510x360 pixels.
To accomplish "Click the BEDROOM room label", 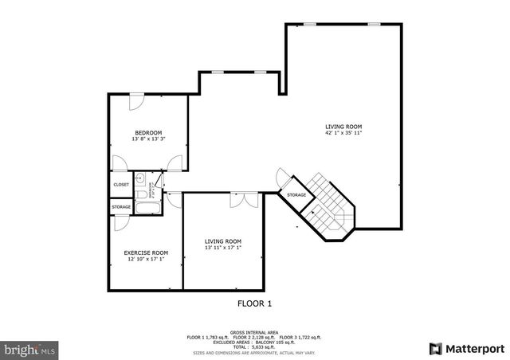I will tap(148, 132).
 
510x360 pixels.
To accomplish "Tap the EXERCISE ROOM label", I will tap(146, 252).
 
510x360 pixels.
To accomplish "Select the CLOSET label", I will tap(121, 185).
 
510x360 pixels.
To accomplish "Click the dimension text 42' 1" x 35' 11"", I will tap(343, 133).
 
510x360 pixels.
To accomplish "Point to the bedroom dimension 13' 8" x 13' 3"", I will tap(148, 139).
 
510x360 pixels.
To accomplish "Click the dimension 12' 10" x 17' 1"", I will tap(146, 259).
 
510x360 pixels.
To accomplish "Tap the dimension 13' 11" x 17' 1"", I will tap(222, 248).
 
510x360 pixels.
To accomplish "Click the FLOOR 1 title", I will tap(255, 303).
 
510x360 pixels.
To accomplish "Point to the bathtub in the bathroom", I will tap(148, 209).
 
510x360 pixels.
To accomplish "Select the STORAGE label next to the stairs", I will tap(296, 195).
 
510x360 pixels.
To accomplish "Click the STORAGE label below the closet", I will tap(121, 207).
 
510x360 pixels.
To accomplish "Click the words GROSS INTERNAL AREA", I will tap(255, 331).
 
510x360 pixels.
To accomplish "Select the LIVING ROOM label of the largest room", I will tap(343, 126).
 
